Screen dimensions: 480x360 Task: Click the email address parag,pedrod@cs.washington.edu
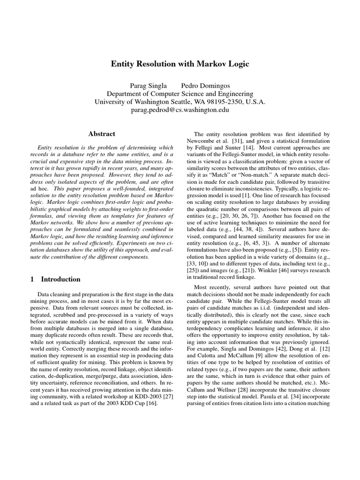pos(180,110)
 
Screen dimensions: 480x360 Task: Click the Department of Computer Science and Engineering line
pos(180,94)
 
